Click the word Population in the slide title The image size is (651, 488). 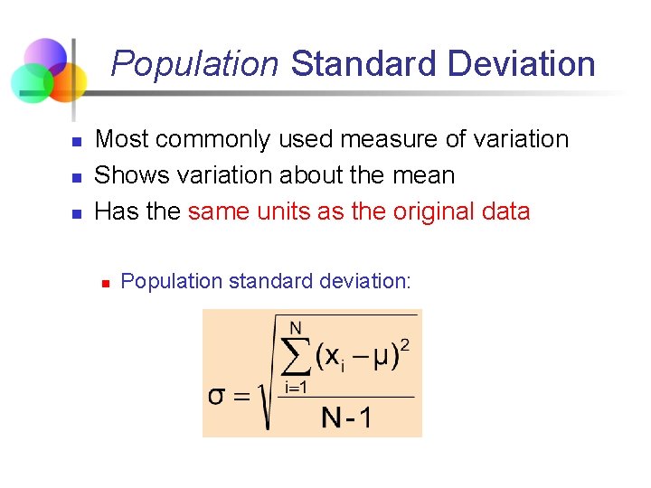(x=194, y=64)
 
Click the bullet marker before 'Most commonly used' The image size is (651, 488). (x=78, y=142)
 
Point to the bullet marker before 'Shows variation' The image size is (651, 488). (x=78, y=178)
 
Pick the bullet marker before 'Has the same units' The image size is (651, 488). (x=78, y=214)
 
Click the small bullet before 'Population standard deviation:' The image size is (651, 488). (x=105, y=284)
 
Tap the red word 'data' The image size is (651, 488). (x=506, y=211)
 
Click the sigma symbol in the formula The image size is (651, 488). (x=217, y=396)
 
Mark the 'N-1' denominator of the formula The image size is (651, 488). (x=346, y=418)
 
